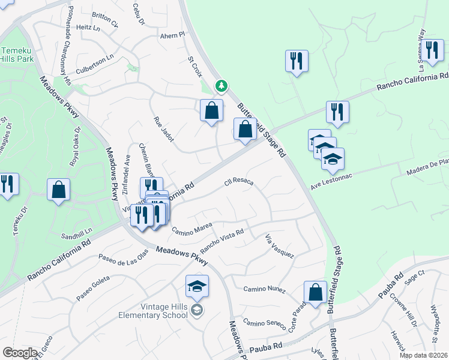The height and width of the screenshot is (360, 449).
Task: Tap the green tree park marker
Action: point(221,86)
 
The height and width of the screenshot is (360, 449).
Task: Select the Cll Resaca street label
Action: point(239,181)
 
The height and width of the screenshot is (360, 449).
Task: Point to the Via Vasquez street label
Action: point(280,246)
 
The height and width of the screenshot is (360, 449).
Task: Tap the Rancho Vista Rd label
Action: point(221,241)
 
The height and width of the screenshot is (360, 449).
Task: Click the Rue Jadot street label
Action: point(164,129)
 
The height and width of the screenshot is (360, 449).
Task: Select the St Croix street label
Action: point(195,67)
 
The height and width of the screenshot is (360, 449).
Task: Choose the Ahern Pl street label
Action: point(173,36)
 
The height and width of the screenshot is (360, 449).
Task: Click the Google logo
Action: point(20,353)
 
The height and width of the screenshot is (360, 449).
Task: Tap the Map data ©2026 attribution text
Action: point(423,355)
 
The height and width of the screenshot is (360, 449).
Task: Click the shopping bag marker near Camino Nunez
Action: point(315,293)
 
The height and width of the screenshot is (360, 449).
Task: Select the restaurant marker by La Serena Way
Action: point(432,49)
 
